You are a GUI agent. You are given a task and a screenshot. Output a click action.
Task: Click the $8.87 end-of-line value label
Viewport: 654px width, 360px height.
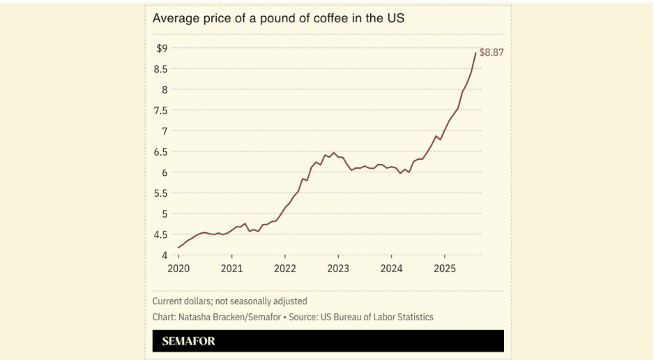click(x=492, y=53)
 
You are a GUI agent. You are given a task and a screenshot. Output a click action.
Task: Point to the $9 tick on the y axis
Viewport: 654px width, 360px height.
click(x=162, y=48)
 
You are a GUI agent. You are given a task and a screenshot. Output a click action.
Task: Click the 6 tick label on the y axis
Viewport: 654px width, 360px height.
click(x=165, y=172)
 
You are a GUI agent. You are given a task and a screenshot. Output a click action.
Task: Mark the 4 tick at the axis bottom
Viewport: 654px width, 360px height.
click(x=165, y=255)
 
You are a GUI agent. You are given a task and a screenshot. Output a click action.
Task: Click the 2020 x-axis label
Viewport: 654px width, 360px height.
click(x=178, y=269)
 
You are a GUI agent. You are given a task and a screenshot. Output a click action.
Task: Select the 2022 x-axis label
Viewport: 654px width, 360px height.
click(x=285, y=269)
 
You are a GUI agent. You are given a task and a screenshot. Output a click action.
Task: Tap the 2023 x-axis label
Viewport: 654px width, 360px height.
click(x=338, y=269)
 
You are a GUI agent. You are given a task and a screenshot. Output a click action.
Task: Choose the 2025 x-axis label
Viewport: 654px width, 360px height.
click(x=445, y=269)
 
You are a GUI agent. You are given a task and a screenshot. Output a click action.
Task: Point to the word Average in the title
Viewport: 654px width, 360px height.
click(x=174, y=19)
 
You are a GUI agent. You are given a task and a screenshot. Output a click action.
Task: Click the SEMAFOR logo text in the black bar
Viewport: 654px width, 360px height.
click(x=188, y=341)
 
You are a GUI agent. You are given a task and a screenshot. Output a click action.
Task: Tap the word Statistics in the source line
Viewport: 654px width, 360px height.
click(x=413, y=317)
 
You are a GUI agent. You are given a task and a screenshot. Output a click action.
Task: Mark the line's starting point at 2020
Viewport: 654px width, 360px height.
click(x=178, y=248)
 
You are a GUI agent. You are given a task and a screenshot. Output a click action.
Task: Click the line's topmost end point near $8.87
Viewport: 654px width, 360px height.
click(x=476, y=53)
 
